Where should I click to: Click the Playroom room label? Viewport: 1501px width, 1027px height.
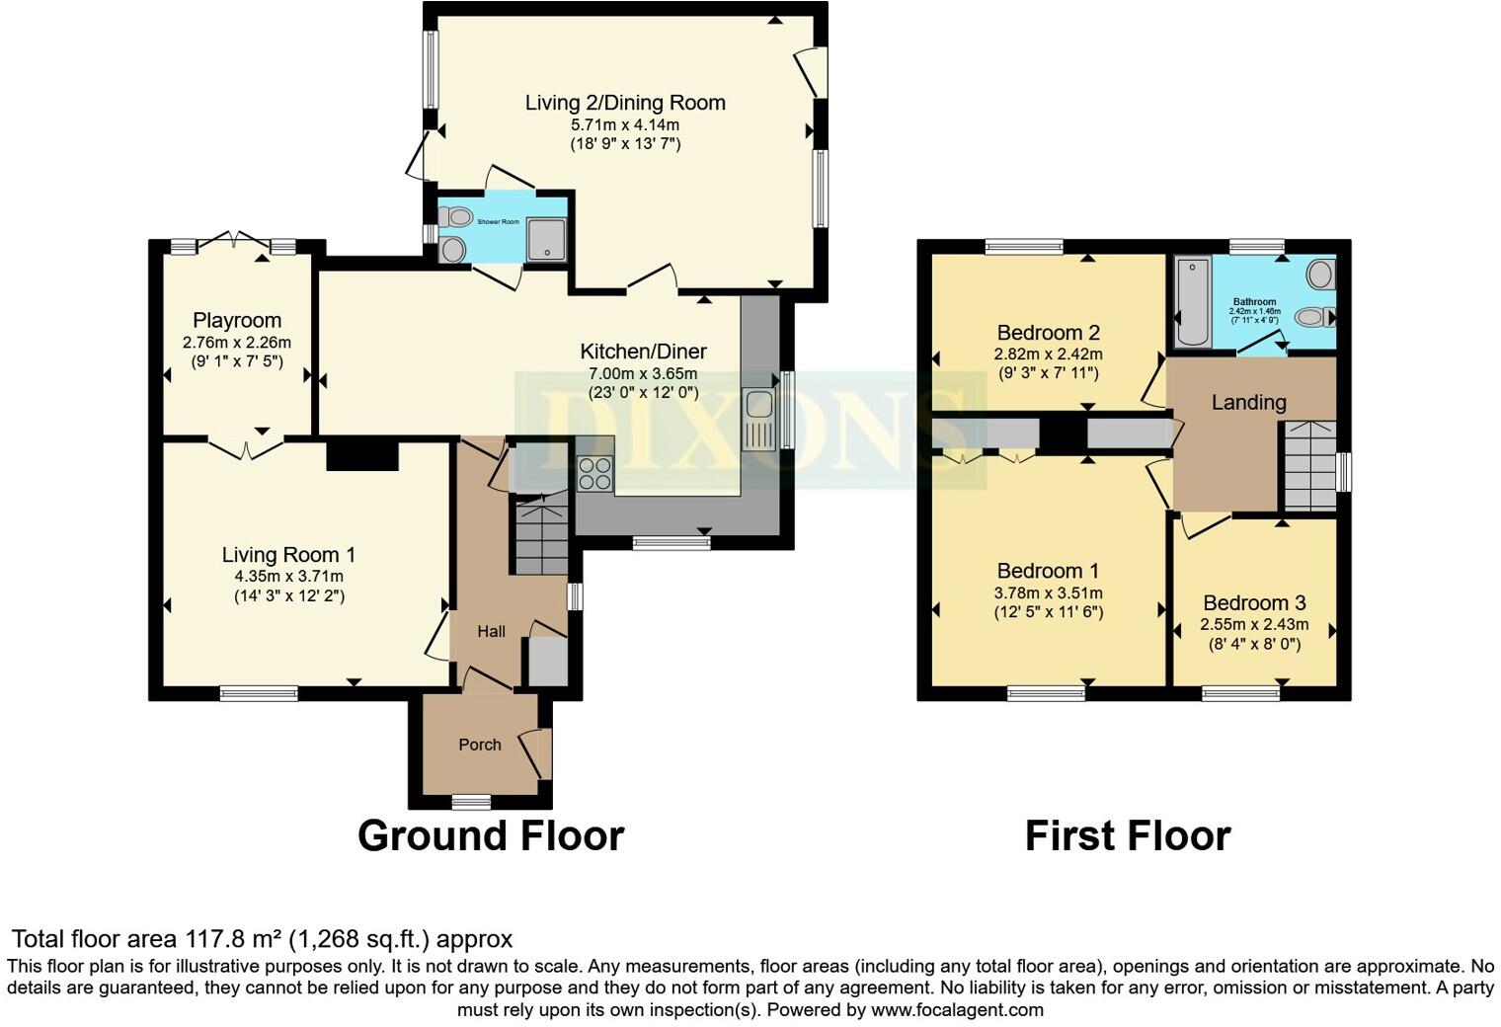coord(237,320)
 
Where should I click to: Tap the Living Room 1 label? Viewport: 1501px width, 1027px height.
coord(288,555)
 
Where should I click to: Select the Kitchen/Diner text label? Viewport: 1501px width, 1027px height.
coord(643,352)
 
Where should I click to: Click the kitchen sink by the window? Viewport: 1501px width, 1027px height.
coord(759,417)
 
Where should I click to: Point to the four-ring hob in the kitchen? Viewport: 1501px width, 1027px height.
coord(594,474)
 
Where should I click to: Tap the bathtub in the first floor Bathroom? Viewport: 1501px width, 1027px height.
coord(1193,301)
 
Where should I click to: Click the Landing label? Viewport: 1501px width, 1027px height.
coord(1248,402)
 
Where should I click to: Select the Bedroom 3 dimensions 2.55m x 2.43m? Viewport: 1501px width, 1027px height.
coord(1254,624)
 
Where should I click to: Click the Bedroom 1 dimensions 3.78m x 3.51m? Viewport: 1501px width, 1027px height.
coord(1048,592)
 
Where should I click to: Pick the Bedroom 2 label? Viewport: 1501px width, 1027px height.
coord(1048,333)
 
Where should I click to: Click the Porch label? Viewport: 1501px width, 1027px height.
coord(480,745)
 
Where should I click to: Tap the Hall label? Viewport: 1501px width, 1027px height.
coord(492,632)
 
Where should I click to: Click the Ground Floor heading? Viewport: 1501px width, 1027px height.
coord(491,835)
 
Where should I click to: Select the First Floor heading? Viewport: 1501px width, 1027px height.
coord(1127,835)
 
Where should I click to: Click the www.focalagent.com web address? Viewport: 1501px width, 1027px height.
coord(958,1010)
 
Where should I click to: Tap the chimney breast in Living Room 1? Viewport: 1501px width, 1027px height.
coord(361,456)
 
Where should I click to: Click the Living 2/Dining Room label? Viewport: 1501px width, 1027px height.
coord(625,103)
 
